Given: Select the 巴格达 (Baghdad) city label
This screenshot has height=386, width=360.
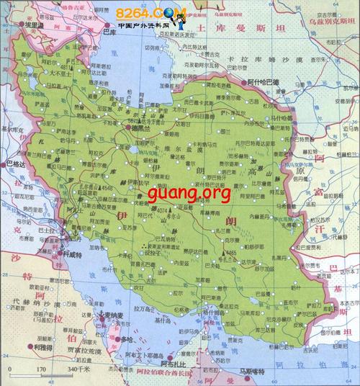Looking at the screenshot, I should point(14,164).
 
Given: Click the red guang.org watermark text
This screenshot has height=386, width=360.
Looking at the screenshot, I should point(189,193).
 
